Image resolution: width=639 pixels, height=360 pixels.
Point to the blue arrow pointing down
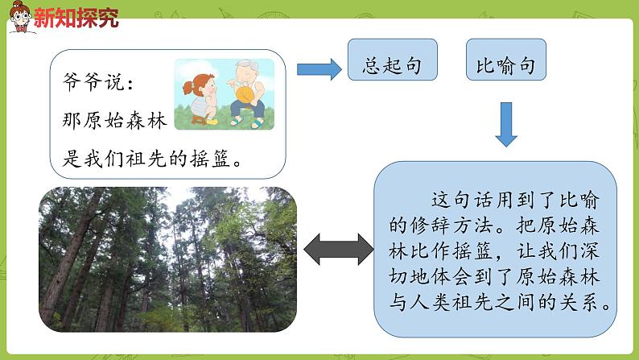(x=506, y=124)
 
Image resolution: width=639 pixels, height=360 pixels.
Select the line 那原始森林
(x=113, y=120)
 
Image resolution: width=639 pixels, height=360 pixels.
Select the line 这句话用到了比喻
(x=513, y=201)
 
